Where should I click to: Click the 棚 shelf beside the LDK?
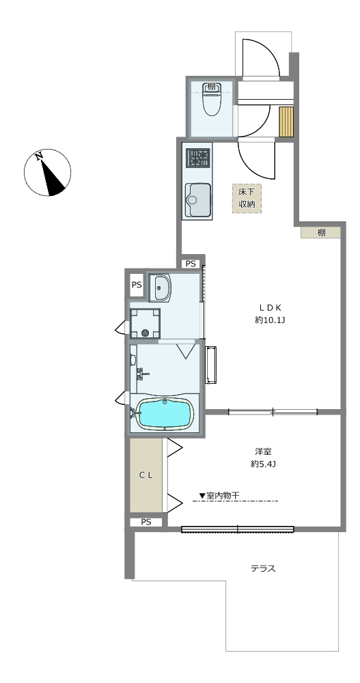pos(320,232)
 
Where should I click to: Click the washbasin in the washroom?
pos(162,288)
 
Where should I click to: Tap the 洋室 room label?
pos(264,451)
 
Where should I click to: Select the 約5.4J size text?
pos(264,464)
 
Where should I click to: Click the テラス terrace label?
pos(263,568)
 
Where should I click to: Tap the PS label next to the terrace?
pos(146,522)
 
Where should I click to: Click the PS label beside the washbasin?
pos(137,285)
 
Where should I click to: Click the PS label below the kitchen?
pos(191,264)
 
